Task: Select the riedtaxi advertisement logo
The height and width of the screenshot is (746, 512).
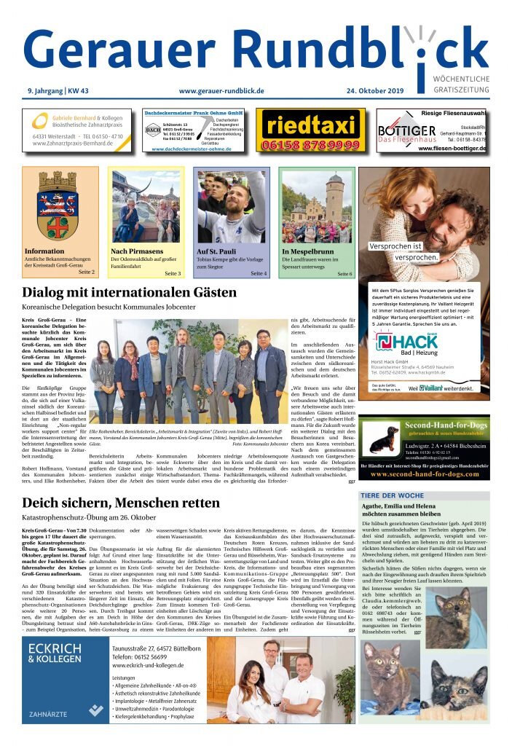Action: (310, 125)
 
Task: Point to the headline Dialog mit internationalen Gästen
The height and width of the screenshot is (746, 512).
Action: (129, 292)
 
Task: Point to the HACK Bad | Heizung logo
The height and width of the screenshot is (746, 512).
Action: (405, 340)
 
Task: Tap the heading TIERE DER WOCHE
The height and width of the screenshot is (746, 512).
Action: (392, 495)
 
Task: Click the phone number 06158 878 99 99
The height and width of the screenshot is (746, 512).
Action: (310, 145)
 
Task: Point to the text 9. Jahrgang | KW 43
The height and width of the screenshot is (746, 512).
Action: (58, 91)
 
